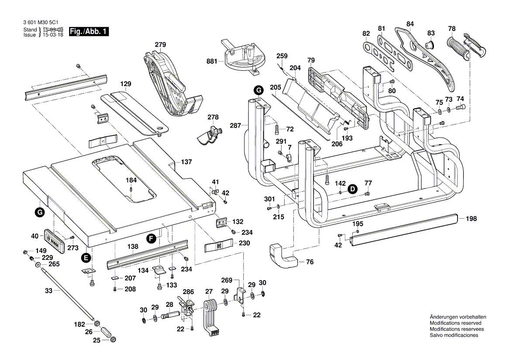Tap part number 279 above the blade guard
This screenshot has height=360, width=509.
[x=160, y=45]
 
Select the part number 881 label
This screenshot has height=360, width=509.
[x=212, y=62]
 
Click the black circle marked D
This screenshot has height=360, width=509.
[x=352, y=189]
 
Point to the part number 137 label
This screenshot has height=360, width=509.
[x=186, y=162]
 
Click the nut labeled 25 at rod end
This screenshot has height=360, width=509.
[x=113, y=340]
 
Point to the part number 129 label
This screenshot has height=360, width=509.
[x=126, y=83]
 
